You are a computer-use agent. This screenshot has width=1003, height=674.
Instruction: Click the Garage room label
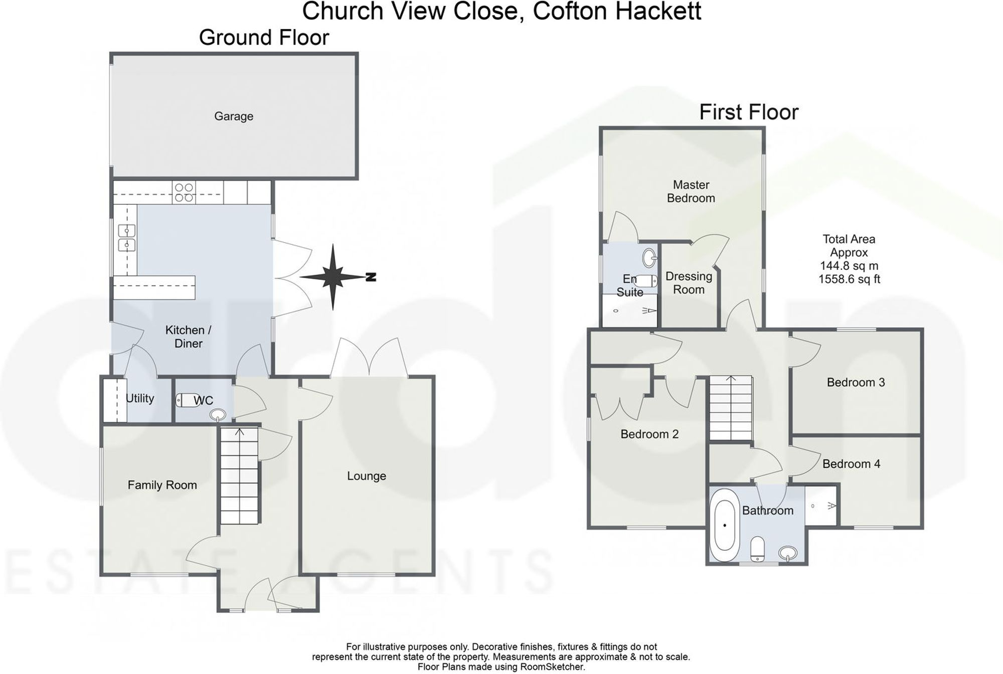pos(234,116)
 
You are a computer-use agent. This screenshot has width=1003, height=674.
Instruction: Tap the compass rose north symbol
pos(333,277)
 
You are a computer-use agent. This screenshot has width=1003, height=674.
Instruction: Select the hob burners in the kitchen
pos(184,193)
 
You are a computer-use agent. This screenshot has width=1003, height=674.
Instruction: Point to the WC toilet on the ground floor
pos(185,400)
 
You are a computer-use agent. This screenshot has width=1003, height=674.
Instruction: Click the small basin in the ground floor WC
pos(219,414)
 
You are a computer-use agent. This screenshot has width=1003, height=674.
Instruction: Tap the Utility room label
pos(140,398)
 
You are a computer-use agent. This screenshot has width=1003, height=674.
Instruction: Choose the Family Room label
pos(162,485)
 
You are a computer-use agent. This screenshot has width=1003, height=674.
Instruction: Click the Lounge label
pos(367,476)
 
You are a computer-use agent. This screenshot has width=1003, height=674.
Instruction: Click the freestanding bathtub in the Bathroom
pos(725,525)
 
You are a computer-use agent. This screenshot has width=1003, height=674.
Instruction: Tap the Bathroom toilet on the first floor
pos(757,549)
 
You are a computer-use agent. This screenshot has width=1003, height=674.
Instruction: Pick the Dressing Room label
pos(689,283)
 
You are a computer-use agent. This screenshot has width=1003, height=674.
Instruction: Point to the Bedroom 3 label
pos(856,382)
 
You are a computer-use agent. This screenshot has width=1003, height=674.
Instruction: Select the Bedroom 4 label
pos(851,464)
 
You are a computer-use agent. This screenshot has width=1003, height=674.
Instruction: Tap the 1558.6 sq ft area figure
pos(849,279)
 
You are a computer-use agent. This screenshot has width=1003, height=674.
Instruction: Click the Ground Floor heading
pos(264,38)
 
